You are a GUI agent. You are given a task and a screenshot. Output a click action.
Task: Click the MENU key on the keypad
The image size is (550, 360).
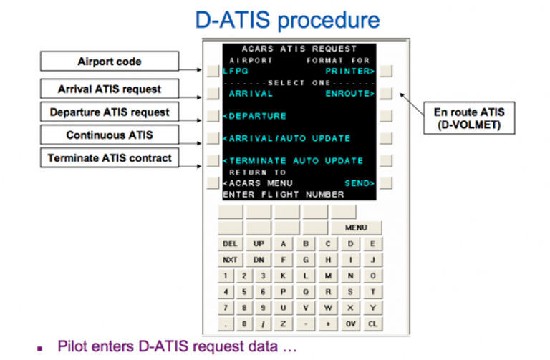(357, 228)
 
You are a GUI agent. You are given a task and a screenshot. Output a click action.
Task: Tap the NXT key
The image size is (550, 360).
(230, 260)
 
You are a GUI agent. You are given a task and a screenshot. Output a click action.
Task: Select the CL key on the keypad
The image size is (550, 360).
(372, 324)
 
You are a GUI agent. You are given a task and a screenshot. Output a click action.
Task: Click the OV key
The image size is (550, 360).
(350, 324)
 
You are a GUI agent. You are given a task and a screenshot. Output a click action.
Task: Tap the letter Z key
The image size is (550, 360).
(283, 324)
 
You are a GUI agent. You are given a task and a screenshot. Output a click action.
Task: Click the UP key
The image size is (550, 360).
(259, 243)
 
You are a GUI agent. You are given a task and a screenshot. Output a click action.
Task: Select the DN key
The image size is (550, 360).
(259, 260)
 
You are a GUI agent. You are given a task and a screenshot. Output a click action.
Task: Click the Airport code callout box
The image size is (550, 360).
(110, 62)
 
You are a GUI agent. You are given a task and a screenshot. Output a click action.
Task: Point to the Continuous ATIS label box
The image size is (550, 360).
(110, 135)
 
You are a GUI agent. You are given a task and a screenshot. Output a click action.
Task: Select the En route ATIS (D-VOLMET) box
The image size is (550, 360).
(469, 118)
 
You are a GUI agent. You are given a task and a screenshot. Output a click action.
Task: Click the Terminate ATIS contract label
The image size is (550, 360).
(110, 158)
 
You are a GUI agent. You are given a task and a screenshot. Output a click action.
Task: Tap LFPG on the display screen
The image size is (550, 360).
(236, 71)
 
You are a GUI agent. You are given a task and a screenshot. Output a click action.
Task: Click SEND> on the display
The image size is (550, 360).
(360, 183)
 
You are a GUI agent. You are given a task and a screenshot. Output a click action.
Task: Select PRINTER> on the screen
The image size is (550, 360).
(350, 71)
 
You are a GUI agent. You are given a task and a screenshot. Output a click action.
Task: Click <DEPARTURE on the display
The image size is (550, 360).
(255, 116)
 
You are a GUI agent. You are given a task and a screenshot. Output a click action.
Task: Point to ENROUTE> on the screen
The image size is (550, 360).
(350, 94)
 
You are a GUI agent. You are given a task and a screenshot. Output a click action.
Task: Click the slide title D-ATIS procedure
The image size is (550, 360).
(287, 20)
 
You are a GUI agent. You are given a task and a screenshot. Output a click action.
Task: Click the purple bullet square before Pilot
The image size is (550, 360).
(40, 349)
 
